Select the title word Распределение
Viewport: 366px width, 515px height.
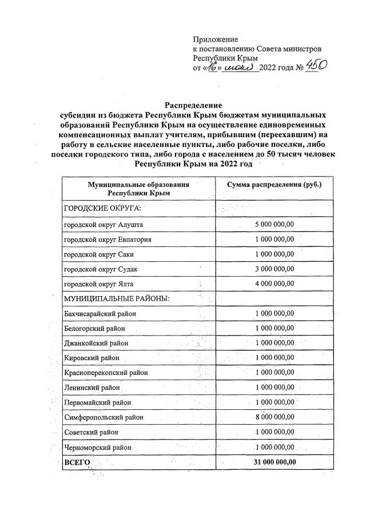194,105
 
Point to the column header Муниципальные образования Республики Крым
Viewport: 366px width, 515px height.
138,189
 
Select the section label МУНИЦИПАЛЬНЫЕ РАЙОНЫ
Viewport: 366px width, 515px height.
116,298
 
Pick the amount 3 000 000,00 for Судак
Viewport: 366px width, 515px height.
274,269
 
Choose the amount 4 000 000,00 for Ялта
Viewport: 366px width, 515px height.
274,284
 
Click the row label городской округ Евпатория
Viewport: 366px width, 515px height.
107,239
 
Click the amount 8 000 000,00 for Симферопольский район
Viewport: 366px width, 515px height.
274,417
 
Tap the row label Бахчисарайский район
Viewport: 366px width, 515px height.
100,314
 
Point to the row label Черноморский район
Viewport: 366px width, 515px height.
98,447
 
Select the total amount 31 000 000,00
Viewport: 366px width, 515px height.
272,461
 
